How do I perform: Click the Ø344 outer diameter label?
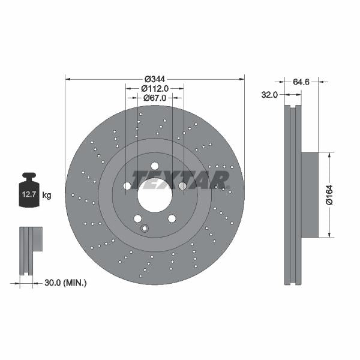coord(155,79)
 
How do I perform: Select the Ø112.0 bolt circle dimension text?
coord(155,88)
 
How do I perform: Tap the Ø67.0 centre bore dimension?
coord(155,97)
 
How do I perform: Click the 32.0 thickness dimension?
coord(269,94)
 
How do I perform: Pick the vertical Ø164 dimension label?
coord(329,194)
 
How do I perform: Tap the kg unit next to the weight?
coord(47,195)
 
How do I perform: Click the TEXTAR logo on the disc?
coord(180,179)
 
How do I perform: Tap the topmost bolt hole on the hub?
coord(154,166)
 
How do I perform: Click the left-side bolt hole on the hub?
coord(127,186)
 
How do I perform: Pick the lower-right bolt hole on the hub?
coord(171,218)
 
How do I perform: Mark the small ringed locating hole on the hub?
coord(144,227)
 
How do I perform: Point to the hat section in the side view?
coord(309,194)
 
